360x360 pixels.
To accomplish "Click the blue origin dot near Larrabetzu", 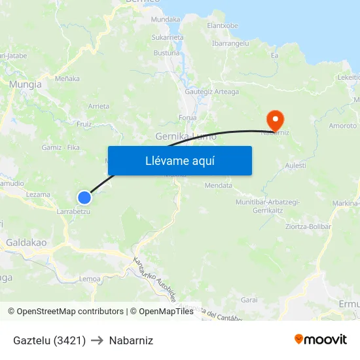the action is click(84, 197).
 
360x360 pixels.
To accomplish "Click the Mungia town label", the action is click(26, 84).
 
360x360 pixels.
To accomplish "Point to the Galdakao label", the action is click(26, 242).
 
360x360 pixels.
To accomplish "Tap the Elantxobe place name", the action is click(223, 26).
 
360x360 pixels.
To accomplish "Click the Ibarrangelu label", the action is click(230, 43).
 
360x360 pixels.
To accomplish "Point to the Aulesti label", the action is click(295, 166).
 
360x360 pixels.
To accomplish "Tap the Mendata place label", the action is click(219, 185).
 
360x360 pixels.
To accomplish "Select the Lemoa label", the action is click(89, 279).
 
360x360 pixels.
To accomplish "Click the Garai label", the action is click(249, 299).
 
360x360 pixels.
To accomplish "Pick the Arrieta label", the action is click(99, 106).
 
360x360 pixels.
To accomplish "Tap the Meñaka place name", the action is click(67, 79).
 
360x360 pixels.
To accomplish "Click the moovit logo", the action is click(321, 339).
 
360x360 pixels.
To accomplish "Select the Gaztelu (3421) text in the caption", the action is click(50, 340).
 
